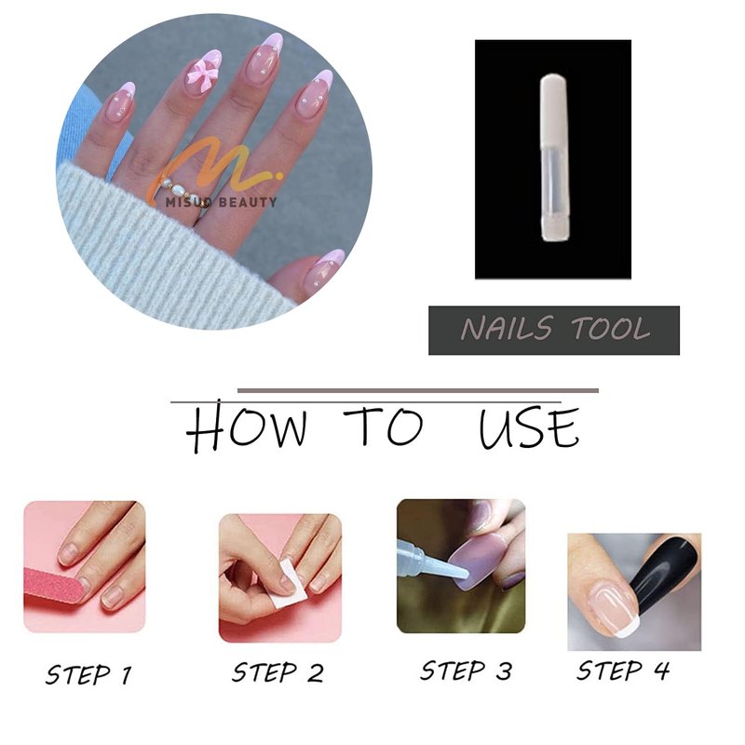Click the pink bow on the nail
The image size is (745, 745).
point(201,72)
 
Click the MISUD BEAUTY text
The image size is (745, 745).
point(221,202)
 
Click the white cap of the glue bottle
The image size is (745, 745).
point(554,108)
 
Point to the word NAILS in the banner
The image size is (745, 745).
point(508,329)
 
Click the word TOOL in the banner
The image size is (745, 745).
point(610,329)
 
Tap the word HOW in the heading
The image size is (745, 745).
point(247,427)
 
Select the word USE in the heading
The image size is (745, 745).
point(529,427)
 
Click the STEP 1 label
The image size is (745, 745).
point(88,674)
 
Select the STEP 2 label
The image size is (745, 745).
point(278,672)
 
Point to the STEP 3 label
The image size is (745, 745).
point(467,670)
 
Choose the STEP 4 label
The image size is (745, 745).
point(623,670)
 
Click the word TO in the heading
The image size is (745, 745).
point(384,426)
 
